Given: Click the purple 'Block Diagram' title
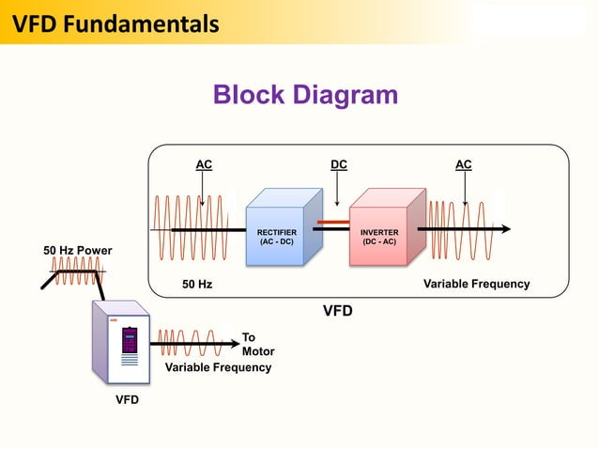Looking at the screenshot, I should (x=305, y=95).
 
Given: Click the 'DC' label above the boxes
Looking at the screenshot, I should (x=338, y=165).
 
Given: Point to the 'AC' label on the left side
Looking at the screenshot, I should (x=204, y=165).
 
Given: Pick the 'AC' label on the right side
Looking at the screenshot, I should (x=464, y=165).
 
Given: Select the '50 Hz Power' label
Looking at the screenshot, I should (x=78, y=251).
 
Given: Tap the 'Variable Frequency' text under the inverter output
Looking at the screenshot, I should (x=476, y=284).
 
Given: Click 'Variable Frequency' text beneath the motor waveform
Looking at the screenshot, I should (x=218, y=367).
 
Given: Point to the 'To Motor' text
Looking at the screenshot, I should (x=257, y=344).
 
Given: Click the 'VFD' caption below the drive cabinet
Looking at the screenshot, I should (x=127, y=400).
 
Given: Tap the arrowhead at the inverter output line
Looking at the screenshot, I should (x=505, y=228).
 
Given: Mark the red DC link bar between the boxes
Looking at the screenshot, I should (x=333, y=224).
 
